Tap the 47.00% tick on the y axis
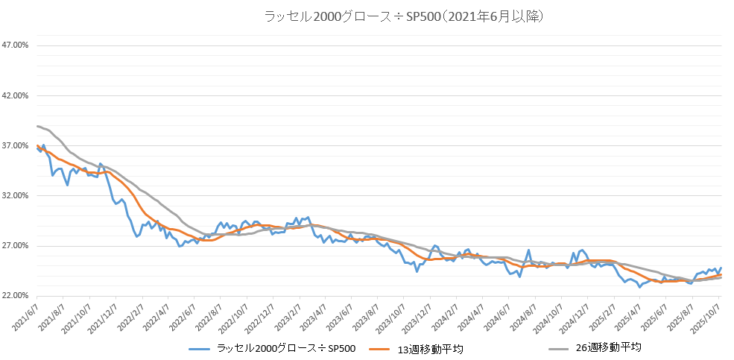click(x=15, y=45)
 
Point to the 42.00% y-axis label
click(x=15, y=95)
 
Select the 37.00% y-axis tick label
click(x=15, y=146)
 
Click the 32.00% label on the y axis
click(x=15, y=196)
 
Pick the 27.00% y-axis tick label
click(x=15, y=246)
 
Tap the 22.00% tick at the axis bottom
click(x=15, y=297)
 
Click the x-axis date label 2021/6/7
click(x=25, y=314)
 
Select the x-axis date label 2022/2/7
click(x=128, y=314)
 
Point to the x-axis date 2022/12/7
click(x=256, y=314)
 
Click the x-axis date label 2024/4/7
click(x=463, y=314)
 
